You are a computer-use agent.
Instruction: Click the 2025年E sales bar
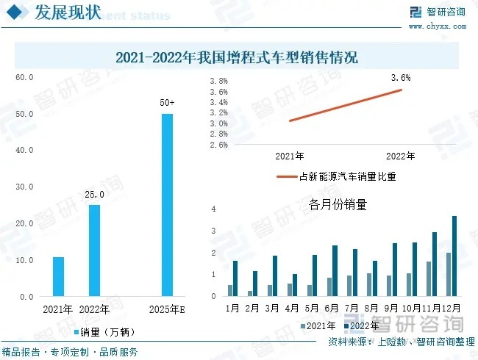point(167,205)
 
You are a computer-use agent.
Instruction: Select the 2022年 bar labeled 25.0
point(94,251)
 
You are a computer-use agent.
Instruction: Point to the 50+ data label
point(167,103)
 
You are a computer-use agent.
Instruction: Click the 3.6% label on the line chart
point(401,77)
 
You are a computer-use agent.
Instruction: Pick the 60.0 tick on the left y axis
point(25,77)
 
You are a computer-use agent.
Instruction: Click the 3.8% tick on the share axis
point(218,82)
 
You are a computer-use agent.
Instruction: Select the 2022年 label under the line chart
point(401,156)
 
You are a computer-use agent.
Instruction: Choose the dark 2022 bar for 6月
point(335,270)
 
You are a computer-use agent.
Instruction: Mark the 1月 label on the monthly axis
point(232,307)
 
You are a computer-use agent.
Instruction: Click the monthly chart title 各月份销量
point(338,206)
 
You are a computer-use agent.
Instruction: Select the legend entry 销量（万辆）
point(102,332)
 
